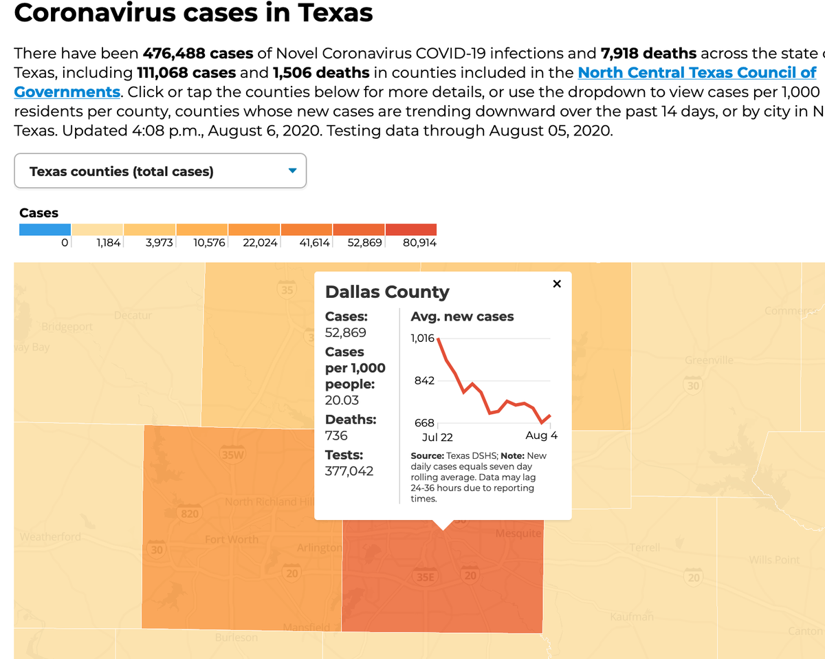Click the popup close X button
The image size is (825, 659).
point(557,284)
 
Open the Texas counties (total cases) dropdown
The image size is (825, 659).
point(160,171)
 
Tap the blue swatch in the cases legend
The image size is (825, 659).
point(45,229)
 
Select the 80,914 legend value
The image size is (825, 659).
point(419,243)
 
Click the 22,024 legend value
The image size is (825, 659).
point(260,243)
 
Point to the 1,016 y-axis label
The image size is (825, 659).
point(422,338)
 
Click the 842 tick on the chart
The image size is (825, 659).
point(424,380)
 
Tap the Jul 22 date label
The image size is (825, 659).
point(437,437)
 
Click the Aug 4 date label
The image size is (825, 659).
point(541,435)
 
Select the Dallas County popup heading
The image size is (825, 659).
point(387,292)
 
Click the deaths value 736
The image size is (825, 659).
point(336,435)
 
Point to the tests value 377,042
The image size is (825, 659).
point(349,471)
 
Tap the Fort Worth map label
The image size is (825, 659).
point(232,539)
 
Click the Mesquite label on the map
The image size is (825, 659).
point(518,533)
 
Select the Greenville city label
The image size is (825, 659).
point(709,360)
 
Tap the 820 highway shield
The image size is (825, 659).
point(189,513)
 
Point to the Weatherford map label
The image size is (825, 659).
point(50,537)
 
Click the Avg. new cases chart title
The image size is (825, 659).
point(462,316)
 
